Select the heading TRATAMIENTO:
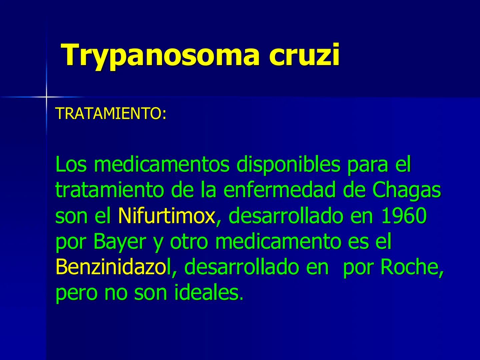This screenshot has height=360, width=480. [111, 114]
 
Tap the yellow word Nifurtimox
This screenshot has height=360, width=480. [166, 216]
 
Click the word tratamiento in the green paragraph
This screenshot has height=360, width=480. [110, 190]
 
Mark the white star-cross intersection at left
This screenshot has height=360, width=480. [46, 97]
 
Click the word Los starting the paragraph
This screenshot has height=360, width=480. [71, 164]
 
